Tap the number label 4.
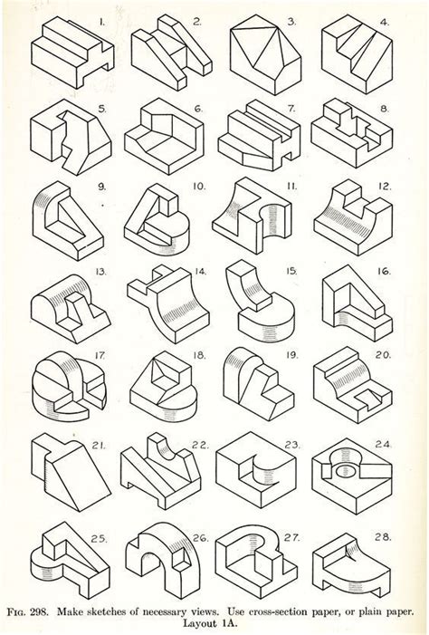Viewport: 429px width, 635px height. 384,20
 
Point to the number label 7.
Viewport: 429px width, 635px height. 290,107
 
